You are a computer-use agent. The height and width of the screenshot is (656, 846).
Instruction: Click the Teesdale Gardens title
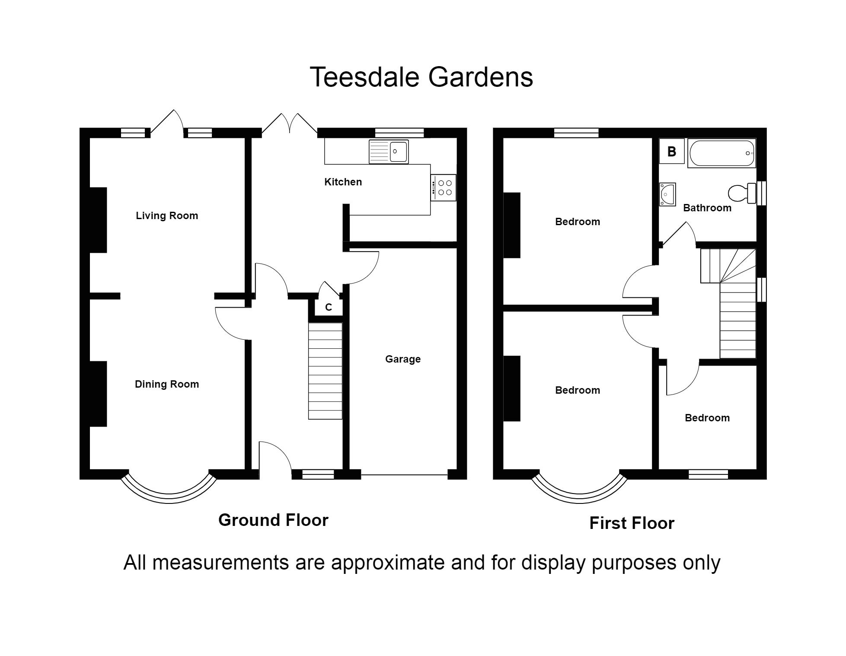coord(421,77)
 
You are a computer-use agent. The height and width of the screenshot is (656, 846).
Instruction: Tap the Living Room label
coord(167,216)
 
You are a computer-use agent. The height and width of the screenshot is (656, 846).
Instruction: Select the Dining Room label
coord(167,384)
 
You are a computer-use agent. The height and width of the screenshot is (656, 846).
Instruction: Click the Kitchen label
coord(343,182)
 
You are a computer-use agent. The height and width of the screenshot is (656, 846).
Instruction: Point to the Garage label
coord(402,359)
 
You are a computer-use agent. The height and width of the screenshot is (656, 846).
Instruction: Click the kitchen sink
coord(389,152)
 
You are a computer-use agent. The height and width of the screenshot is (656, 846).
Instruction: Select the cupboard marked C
coord(328,307)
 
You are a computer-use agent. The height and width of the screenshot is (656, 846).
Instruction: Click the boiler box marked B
coord(671,152)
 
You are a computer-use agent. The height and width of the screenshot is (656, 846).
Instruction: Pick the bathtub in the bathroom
coord(721,153)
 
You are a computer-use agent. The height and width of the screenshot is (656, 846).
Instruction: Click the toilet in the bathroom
coord(742,193)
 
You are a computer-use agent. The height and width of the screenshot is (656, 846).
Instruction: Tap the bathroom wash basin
coord(667,194)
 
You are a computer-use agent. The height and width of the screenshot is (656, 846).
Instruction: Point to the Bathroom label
coord(707,208)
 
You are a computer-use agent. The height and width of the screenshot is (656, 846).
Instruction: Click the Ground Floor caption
coord(273,520)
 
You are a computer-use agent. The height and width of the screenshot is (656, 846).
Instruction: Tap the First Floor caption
coord(632,523)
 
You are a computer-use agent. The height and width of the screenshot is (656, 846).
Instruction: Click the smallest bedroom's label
coord(707,418)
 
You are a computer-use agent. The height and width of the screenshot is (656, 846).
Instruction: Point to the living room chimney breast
coord(98,220)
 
